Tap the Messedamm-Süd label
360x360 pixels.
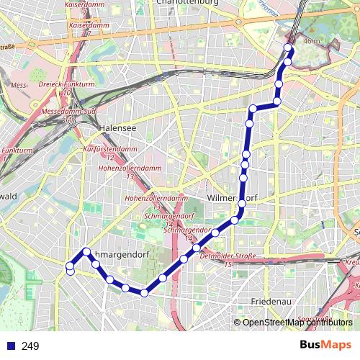[x=69, y=112]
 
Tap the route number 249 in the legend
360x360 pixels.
[x=30, y=346]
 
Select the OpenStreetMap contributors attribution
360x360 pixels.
[x=297, y=323]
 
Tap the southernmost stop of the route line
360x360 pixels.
[x=144, y=292]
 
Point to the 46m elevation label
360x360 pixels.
[x=312, y=42]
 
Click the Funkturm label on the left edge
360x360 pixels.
[x=12, y=150]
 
